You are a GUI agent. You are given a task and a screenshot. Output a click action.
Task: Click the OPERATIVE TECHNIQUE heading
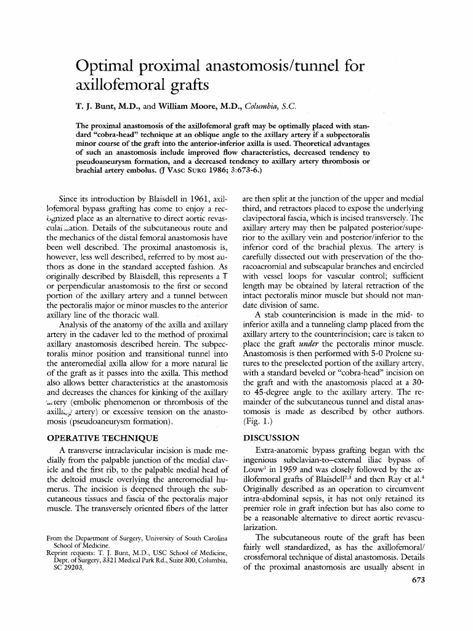pyautogui.click(x=101, y=438)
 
